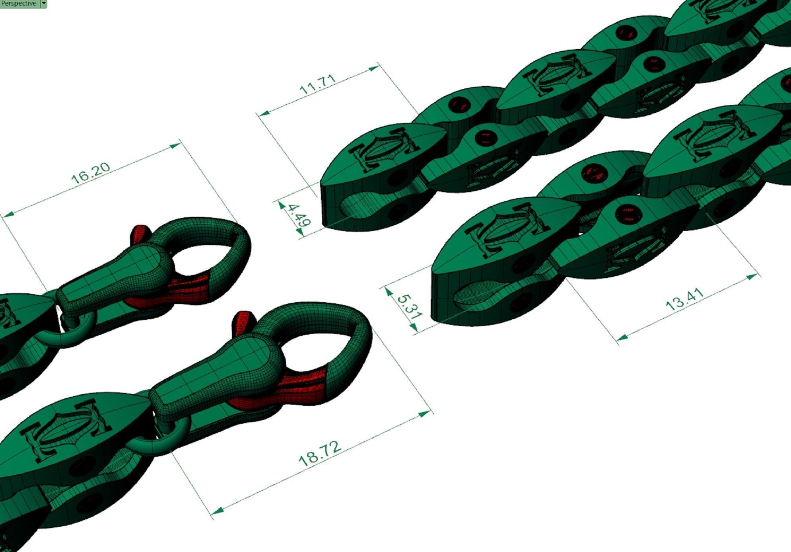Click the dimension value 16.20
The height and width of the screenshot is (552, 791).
(x=91, y=173)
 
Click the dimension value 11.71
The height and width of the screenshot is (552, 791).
(x=317, y=85)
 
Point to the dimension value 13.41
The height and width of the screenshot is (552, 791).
(x=684, y=299)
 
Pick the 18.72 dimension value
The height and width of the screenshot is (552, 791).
(x=320, y=453)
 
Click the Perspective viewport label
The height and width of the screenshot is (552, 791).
(x=19, y=4)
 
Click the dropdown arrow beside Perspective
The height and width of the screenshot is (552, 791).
(x=44, y=4)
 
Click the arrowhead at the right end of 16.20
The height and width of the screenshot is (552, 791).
(x=175, y=146)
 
